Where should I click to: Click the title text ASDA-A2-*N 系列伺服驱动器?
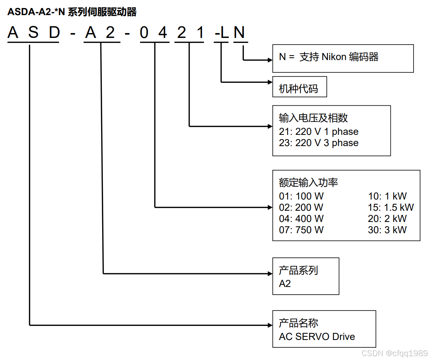pyautogui.click(x=72, y=12)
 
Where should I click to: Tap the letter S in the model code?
pyautogui.click(x=33, y=33)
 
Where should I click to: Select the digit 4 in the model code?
pyautogui.click(x=163, y=33)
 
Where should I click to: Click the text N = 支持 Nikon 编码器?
pyautogui.click(x=329, y=57)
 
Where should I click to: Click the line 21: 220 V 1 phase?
pyautogui.click(x=318, y=131)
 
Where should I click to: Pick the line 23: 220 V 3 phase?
pyautogui.click(x=318, y=143)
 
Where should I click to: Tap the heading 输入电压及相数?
pyautogui.click(x=313, y=118)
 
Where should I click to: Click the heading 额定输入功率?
pyautogui.click(x=308, y=182)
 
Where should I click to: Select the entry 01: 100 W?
pyautogui.click(x=301, y=196)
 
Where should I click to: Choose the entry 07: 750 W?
pyautogui.click(x=301, y=230)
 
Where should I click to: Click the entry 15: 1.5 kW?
pyautogui.click(x=391, y=207)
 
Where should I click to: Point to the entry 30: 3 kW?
pyautogui.click(x=387, y=230)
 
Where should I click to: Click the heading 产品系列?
pyautogui.click(x=298, y=270)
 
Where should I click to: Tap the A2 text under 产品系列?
pyautogui.click(x=285, y=283)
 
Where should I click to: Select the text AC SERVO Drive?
pyautogui.click(x=317, y=336)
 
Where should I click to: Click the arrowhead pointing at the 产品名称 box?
pyautogui.click(x=270, y=325)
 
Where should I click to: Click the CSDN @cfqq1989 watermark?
pyautogui.click(x=395, y=353)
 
